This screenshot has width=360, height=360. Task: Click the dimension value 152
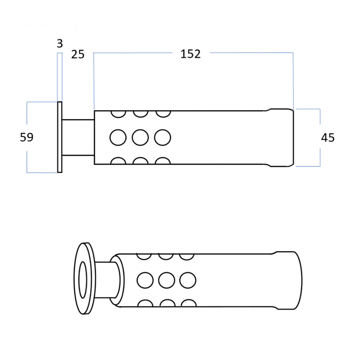click(x=190, y=54)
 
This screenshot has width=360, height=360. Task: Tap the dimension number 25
click(x=78, y=54)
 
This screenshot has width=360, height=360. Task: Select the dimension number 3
click(x=60, y=44)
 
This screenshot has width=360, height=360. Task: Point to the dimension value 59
click(x=27, y=137)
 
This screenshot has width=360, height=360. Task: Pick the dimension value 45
click(x=328, y=138)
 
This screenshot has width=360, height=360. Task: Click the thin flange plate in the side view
click(x=60, y=137)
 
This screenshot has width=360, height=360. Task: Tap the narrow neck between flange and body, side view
click(x=78, y=138)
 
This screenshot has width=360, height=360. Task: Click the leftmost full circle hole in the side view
click(x=118, y=138)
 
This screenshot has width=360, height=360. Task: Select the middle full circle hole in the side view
click(x=140, y=138)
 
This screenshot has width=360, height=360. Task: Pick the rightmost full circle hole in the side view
click(x=162, y=138)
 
